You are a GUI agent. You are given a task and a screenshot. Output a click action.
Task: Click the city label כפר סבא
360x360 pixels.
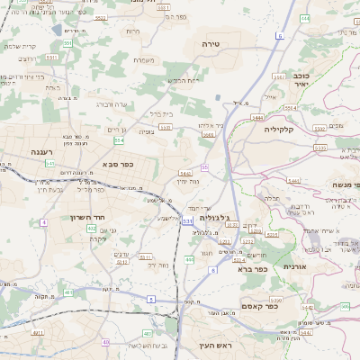click(x=119, y=164)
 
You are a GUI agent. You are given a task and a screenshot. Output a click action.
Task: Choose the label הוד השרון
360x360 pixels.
click(x=63, y=217)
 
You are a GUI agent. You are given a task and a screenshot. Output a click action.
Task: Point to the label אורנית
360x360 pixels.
click(x=295, y=266)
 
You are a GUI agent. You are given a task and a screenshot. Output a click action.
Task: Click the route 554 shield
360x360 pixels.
click(x=119, y=140)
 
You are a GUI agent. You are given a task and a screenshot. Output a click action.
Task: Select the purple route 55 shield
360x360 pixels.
click(x=205, y=166)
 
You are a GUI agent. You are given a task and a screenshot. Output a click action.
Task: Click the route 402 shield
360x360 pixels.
click(x=92, y=229)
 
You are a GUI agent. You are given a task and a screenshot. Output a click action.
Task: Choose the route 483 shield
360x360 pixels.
click(x=105, y=342)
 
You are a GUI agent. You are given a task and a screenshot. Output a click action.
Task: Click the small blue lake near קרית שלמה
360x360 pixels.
click(x=58, y=30)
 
